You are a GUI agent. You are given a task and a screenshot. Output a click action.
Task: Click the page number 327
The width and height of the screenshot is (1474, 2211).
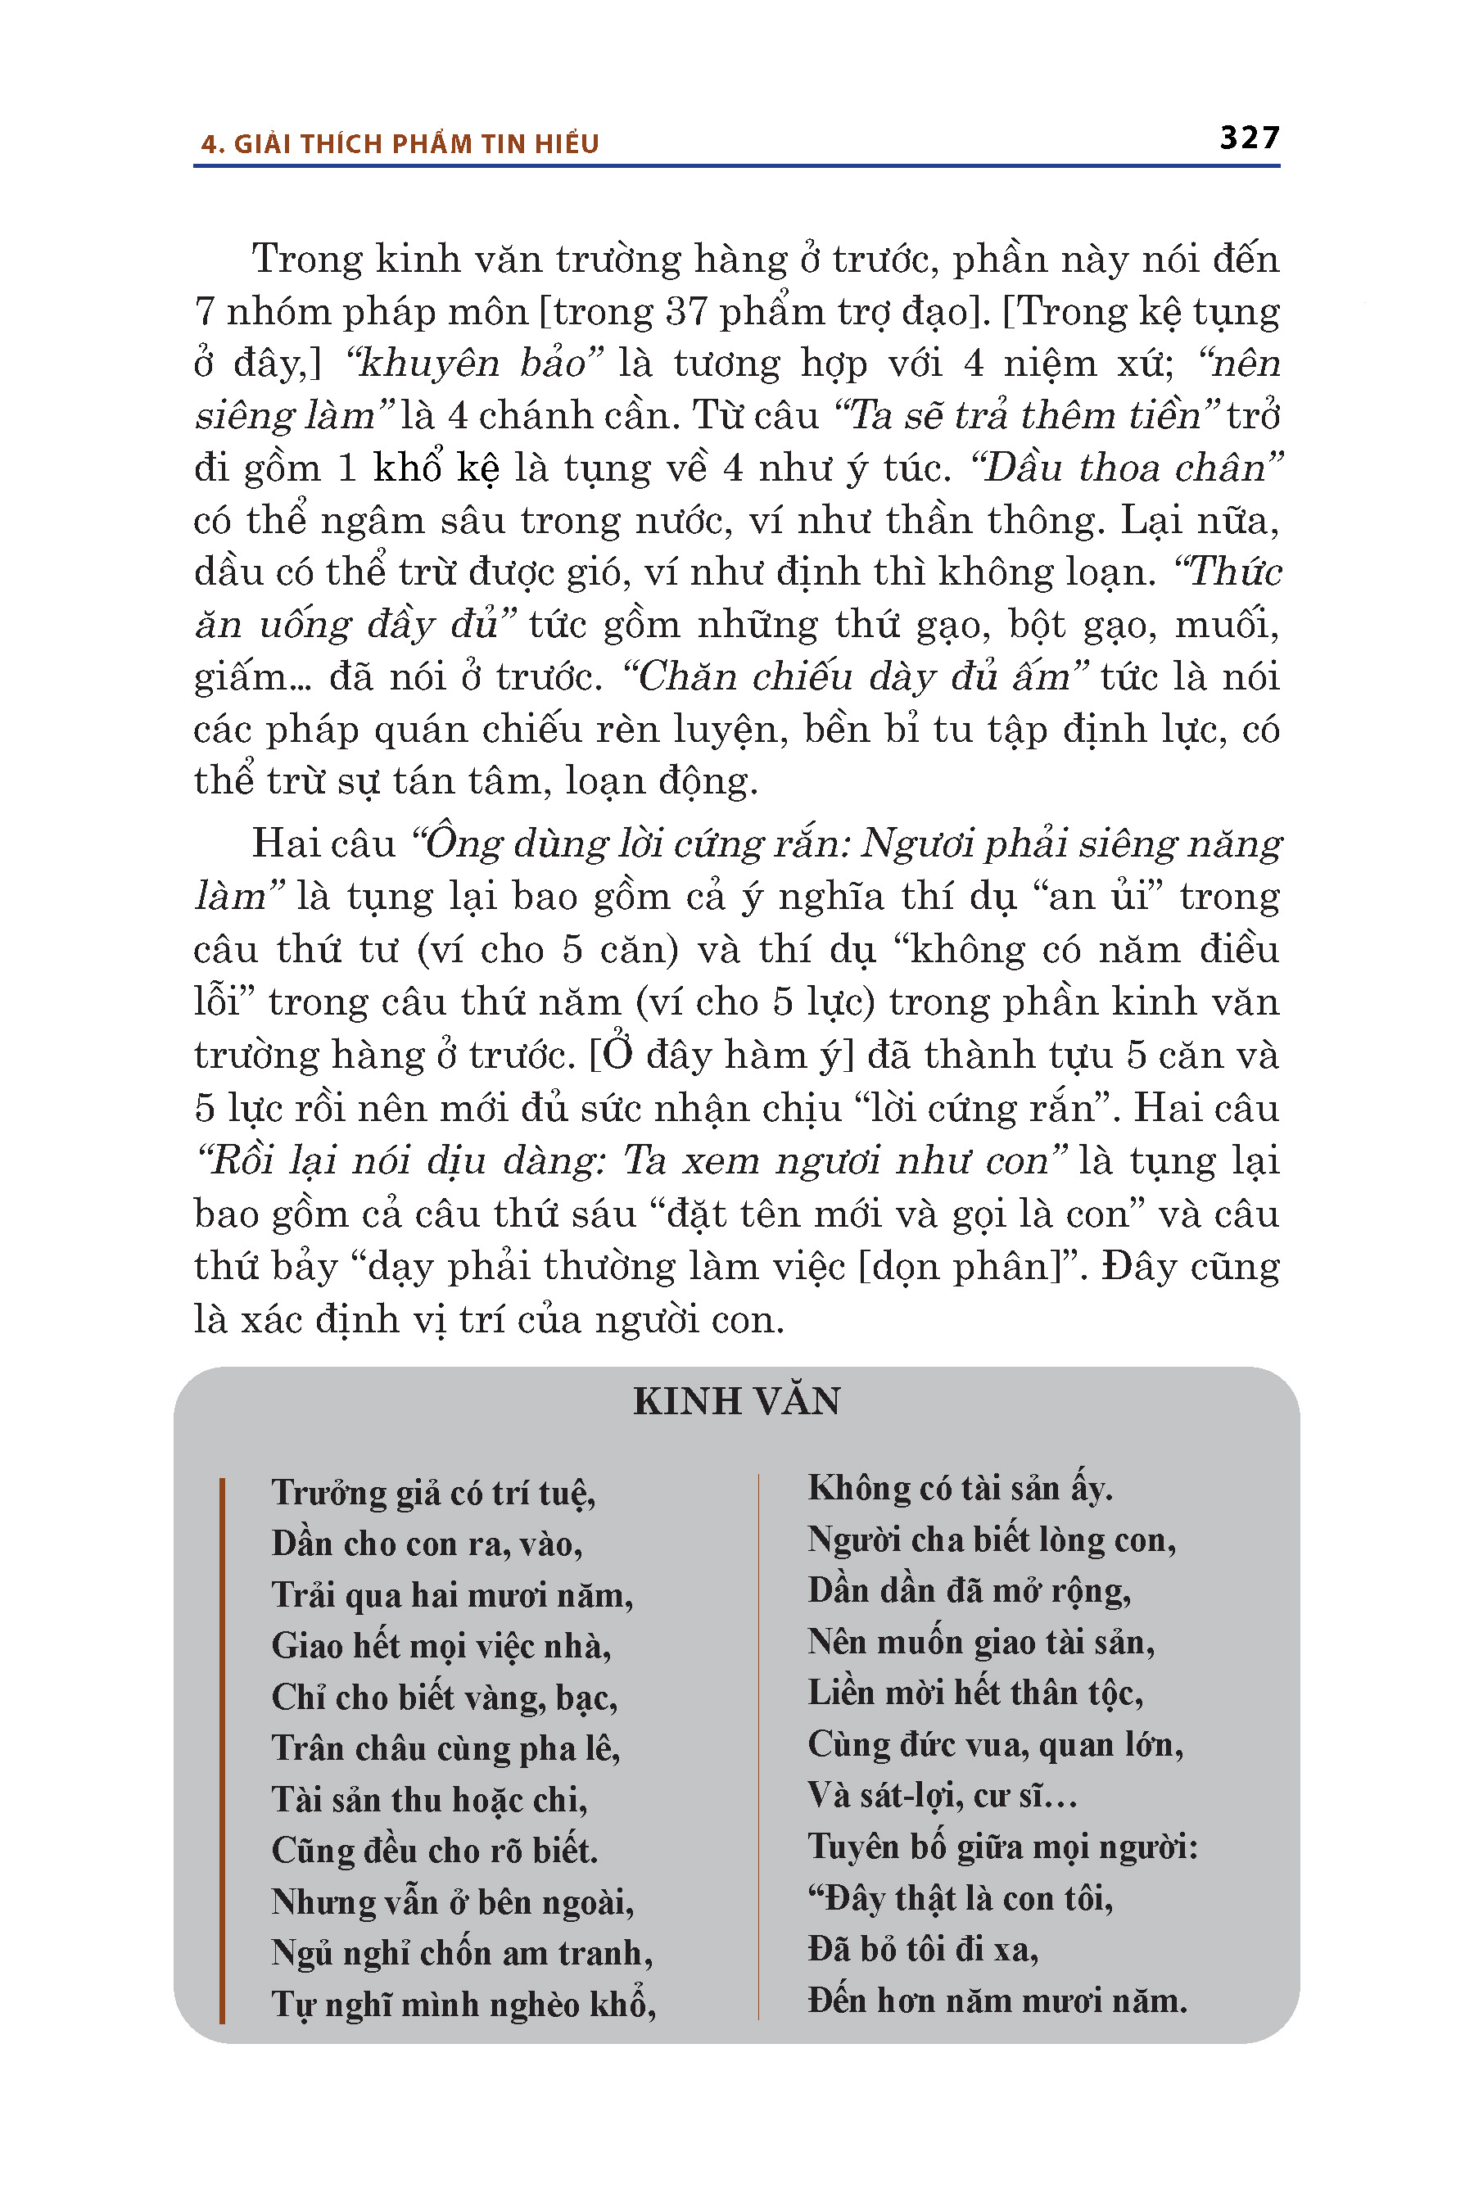(1250, 138)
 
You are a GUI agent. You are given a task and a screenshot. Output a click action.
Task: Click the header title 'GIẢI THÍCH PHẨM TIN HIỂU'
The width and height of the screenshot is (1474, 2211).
(415, 144)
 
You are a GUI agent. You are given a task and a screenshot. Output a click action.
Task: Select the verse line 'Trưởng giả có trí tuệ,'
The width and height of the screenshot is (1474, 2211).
(433, 1493)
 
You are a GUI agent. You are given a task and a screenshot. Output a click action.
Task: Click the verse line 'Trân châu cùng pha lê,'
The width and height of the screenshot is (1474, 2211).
(445, 1748)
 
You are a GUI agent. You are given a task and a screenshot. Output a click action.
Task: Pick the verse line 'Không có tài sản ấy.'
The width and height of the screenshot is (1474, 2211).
(960, 1488)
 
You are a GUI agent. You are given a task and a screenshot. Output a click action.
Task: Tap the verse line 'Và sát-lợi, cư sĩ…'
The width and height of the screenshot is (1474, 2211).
(942, 1796)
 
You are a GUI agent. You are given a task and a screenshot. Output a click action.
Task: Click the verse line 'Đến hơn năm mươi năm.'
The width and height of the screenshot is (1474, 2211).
(997, 2000)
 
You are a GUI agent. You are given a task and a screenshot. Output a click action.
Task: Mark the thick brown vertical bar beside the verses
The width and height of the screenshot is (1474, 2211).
(222, 1748)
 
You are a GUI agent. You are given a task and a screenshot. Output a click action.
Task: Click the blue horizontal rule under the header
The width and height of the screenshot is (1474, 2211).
(736, 166)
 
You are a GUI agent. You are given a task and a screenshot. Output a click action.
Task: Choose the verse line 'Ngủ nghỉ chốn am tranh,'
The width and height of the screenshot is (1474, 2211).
(462, 1953)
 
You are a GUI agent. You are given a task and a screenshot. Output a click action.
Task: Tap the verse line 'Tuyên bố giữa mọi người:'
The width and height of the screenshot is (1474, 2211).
(1003, 1847)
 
